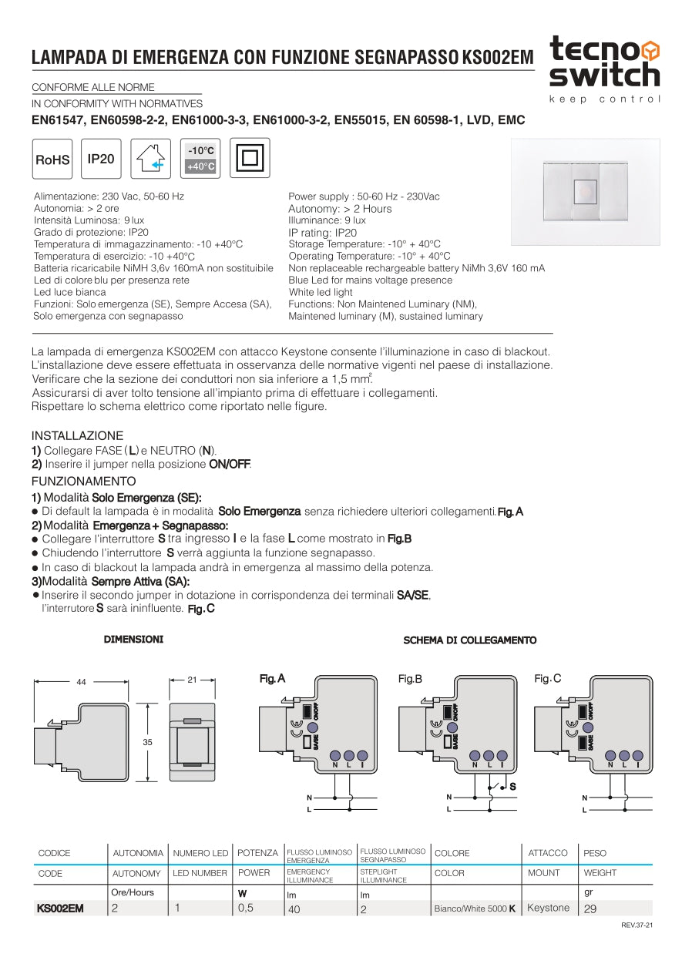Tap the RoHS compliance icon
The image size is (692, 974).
tap(52, 160)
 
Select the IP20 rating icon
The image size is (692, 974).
tap(101, 159)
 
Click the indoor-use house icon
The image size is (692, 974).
tap(151, 159)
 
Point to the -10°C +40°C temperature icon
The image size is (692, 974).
tap(200, 158)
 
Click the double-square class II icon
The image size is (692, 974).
tap(250, 158)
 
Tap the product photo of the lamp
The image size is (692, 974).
tap(585, 191)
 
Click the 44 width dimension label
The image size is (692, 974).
tap(81, 681)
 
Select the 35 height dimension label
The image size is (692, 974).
tap(147, 742)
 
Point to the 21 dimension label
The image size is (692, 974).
tap(192, 680)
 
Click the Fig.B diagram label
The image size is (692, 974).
tap(410, 679)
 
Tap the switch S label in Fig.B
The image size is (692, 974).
tap(512, 786)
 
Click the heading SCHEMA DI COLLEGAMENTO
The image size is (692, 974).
tap(470, 640)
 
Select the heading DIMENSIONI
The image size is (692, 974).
tap(133, 640)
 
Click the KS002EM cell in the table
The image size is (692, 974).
tap(60, 909)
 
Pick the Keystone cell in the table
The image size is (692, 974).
tap(548, 908)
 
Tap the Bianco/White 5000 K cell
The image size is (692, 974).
tap(475, 909)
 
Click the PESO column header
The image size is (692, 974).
tap(595, 853)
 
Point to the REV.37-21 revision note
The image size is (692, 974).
tap(637, 925)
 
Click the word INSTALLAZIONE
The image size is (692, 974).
tap(77, 435)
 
